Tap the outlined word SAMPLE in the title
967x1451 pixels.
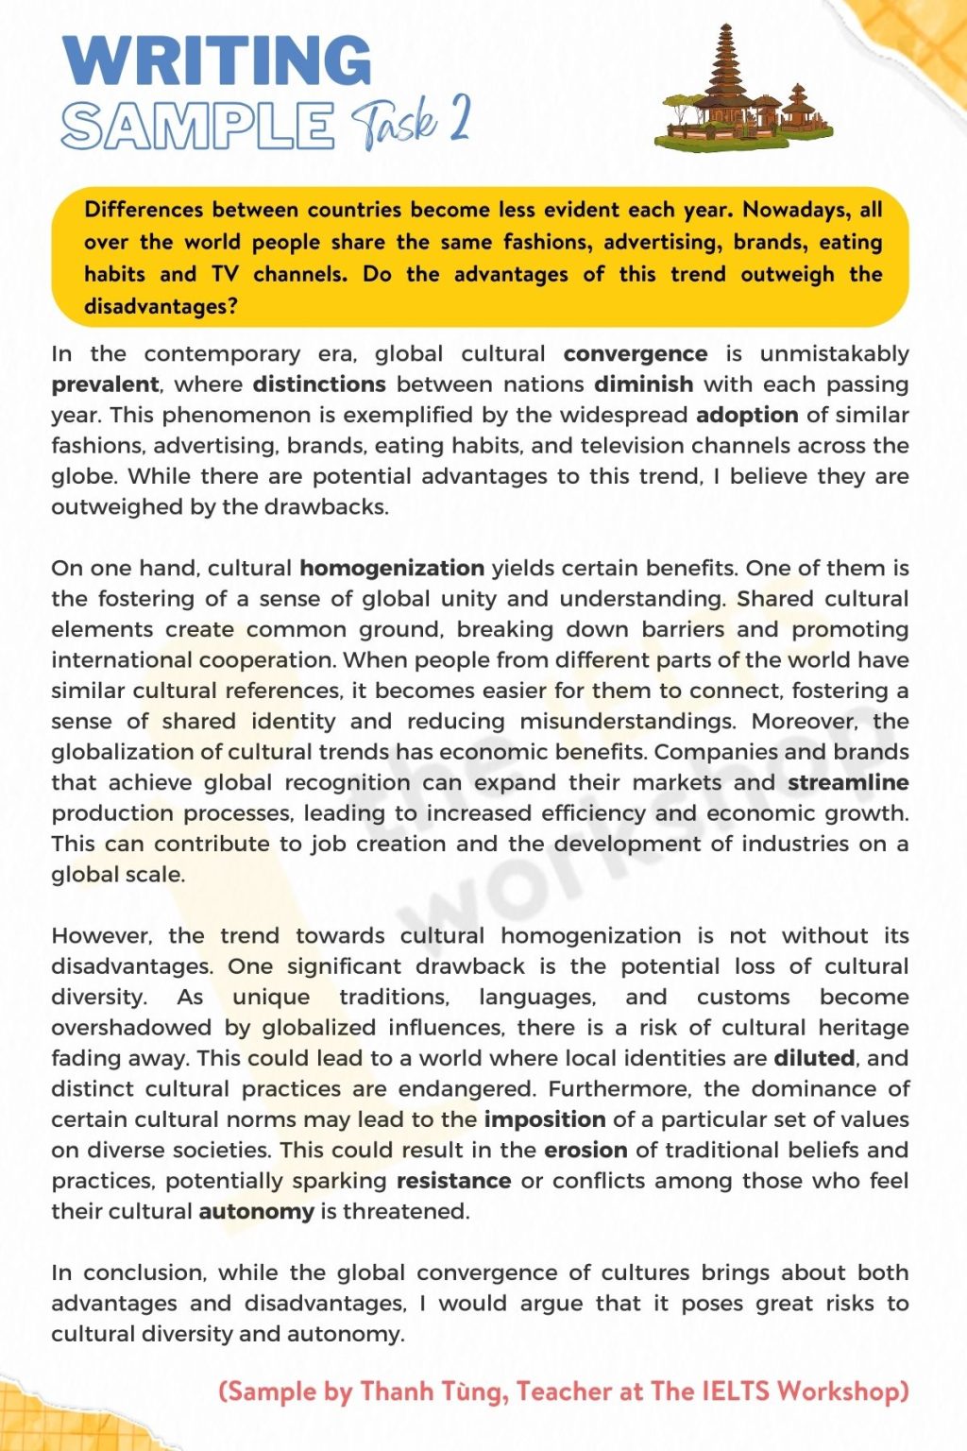(198, 126)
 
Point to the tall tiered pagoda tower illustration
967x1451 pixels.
(725, 76)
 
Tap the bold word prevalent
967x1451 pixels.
(105, 384)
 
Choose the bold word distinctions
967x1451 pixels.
(319, 384)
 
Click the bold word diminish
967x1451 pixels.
(643, 384)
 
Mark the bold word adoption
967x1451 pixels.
(747, 415)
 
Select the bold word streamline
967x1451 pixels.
(848, 782)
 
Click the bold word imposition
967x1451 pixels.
(545, 1119)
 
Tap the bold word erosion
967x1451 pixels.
(585, 1150)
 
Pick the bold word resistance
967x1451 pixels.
(453, 1181)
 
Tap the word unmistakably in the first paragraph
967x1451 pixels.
(834, 354)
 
